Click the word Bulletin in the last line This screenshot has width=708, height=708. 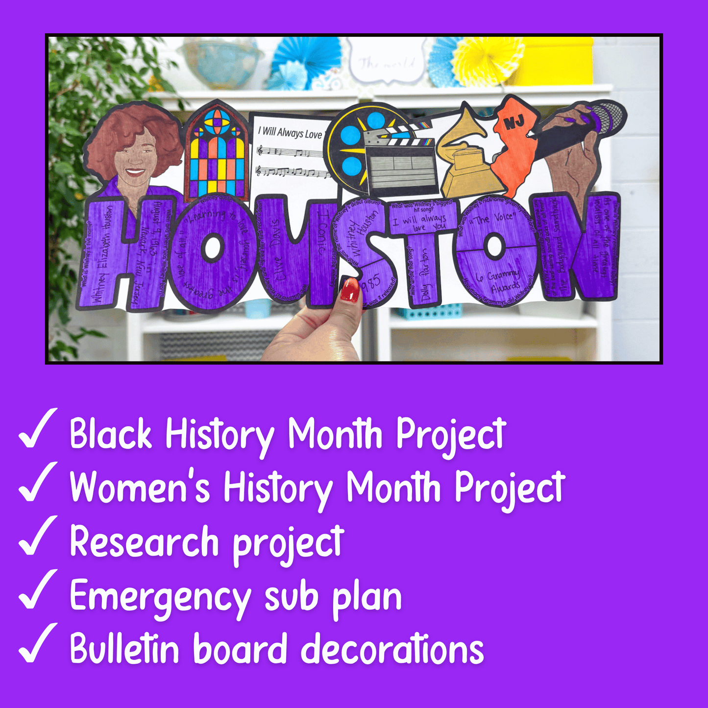coord(124,649)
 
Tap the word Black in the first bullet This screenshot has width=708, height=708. coord(111,434)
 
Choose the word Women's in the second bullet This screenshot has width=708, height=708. coord(140,488)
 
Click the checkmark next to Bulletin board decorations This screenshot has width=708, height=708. coord(37,644)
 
